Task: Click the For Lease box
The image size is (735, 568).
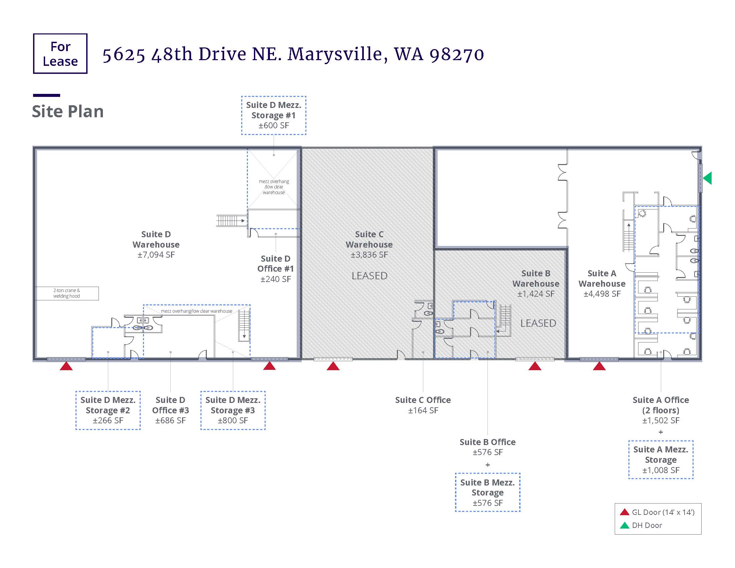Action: pyautogui.click(x=60, y=53)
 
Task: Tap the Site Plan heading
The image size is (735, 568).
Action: pyautogui.click(x=67, y=111)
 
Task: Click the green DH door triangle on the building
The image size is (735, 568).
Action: pyautogui.click(x=707, y=178)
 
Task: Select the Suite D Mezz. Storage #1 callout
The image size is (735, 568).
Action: pyautogui.click(x=274, y=115)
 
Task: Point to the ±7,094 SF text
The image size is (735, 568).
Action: pyautogui.click(x=156, y=255)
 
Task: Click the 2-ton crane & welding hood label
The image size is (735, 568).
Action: pyautogui.click(x=66, y=293)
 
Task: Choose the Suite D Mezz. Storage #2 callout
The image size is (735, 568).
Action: pyautogui.click(x=108, y=410)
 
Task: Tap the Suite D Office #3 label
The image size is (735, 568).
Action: pyautogui.click(x=171, y=410)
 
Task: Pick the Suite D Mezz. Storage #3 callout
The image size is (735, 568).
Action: pyautogui.click(x=233, y=410)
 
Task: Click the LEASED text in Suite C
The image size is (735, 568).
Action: pyautogui.click(x=370, y=276)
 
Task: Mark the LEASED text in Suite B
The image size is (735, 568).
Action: pyautogui.click(x=538, y=323)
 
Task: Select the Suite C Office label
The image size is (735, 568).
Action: pyautogui.click(x=423, y=405)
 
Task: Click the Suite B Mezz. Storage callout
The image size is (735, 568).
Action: pyautogui.click(x=488, y=492)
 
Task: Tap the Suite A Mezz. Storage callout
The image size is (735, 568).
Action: pyautogui.click(x=661, y=460)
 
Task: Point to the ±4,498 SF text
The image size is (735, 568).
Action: pyautogui.click(x=602, y=294)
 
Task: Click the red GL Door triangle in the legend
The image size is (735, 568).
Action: pyautogui.click(x=625, y=512)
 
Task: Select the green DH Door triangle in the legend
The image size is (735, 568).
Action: pyautogui.click(x=625, y=525)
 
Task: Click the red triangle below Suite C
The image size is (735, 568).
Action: pyautogui.click(x=333, y=366)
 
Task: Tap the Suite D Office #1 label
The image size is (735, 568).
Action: pyautogui.click(x=276, y=269)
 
